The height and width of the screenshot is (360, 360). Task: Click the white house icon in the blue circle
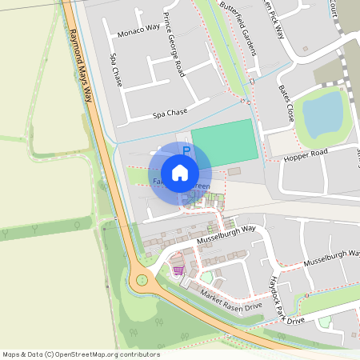[180, 172]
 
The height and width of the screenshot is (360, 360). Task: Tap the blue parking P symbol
[186, 150]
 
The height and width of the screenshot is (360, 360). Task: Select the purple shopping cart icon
[178, 270]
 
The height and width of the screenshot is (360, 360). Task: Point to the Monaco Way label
[138, 33]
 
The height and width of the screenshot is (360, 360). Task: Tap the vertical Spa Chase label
[116, 71]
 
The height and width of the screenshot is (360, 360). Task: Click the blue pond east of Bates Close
[322, 113]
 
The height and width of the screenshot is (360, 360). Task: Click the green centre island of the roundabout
[143, 280]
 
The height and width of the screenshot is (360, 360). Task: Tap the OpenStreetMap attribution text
[80, 354]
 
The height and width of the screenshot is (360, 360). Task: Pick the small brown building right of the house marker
[234, 171]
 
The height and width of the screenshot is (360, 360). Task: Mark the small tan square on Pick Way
[306, 49]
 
